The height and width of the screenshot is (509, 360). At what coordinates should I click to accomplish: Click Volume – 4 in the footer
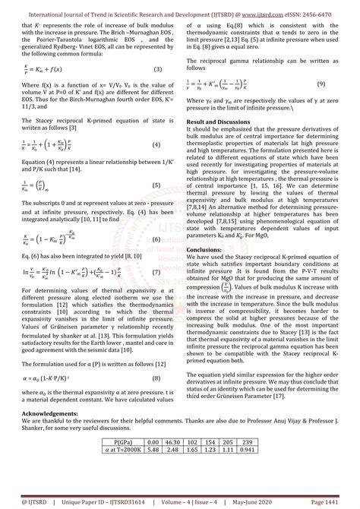coord(177,501)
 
